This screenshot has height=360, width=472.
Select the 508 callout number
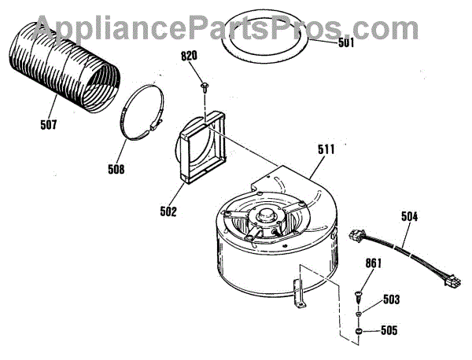click(x=116, y=167)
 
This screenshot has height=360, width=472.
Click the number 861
click(x=373, y=264)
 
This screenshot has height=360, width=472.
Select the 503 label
click(x=391, y=299)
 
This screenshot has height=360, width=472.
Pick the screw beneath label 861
click(x=360, y=296)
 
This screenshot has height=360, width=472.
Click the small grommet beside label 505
click(x=359, y=333)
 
